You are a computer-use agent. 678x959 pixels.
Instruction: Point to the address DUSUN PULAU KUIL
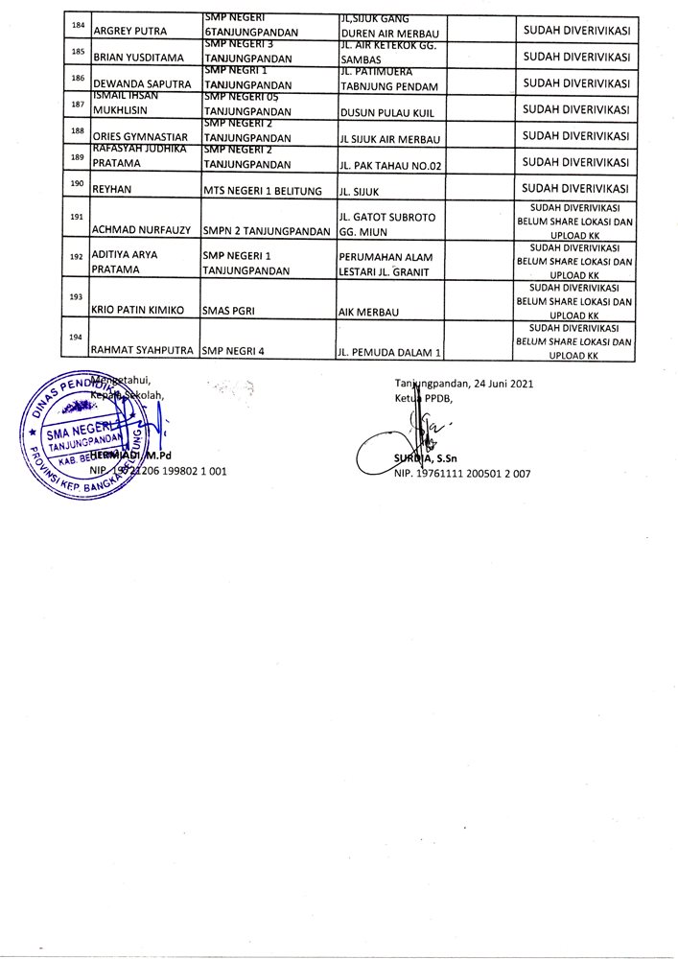(381, 110)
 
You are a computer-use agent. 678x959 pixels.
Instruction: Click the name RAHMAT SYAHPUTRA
(143, 351)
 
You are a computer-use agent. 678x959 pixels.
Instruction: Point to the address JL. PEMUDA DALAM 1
(389, 352)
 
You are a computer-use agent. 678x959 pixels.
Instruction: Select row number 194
(77, 337)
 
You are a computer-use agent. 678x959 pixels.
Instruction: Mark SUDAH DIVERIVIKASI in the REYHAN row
(575, 188)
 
